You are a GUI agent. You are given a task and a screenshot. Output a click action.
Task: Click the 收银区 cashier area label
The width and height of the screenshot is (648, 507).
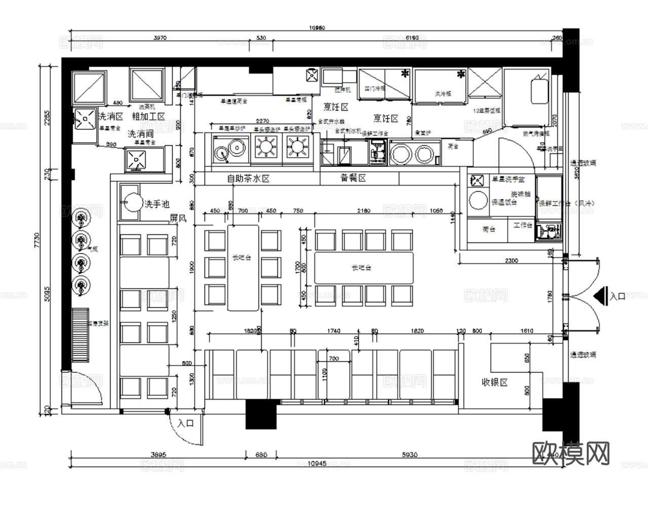494,383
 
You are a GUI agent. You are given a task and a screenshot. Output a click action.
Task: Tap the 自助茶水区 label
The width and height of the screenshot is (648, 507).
248,179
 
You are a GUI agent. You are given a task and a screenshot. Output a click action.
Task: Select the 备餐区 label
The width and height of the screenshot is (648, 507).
353,178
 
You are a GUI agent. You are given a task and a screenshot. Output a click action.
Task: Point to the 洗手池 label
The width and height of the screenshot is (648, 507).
157,204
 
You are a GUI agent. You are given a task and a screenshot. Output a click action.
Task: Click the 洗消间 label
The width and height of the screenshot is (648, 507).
140,134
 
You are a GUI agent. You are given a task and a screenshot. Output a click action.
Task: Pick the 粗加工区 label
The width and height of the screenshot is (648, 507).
148,117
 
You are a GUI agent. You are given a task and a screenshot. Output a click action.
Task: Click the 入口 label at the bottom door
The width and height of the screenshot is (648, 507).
186,423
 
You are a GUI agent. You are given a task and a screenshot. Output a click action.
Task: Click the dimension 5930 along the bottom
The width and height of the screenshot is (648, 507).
409,455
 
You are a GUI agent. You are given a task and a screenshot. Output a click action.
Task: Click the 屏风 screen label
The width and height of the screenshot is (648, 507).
178,219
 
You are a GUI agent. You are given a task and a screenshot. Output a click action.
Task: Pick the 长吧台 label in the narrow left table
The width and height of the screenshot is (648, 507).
242,258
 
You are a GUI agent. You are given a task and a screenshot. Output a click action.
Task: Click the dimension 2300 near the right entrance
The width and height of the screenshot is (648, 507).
512,261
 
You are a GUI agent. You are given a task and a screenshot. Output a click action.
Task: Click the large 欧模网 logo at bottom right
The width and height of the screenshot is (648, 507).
571,453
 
